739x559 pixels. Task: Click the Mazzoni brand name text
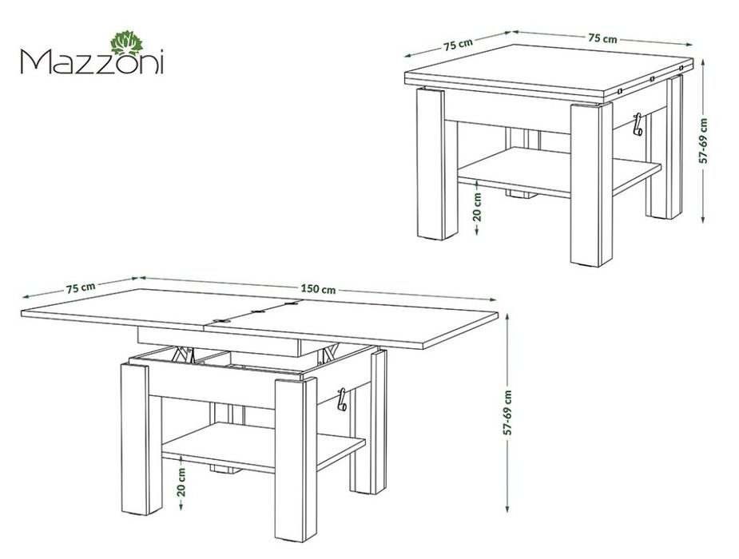click(92, 61)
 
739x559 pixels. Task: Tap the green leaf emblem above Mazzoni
click(125, 42)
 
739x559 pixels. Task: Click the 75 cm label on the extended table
click(81, 287)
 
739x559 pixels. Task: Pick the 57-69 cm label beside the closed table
click(704, 141)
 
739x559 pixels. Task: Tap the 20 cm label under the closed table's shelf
click(477, 206)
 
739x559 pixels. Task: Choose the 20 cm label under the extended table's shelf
click(181, 482)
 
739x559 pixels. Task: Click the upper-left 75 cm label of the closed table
click(457, 44)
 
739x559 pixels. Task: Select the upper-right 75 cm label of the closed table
click(602, 38)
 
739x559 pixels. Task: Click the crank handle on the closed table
click(638, 124)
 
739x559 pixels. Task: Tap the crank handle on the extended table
click(342, 398)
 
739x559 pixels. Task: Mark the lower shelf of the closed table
click(559, 172)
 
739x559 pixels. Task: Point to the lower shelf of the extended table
click(264, 446)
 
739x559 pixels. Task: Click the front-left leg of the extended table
click(135, 438)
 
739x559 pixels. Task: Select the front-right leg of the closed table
click(591, 184)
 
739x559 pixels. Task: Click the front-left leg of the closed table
click(431, 164)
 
